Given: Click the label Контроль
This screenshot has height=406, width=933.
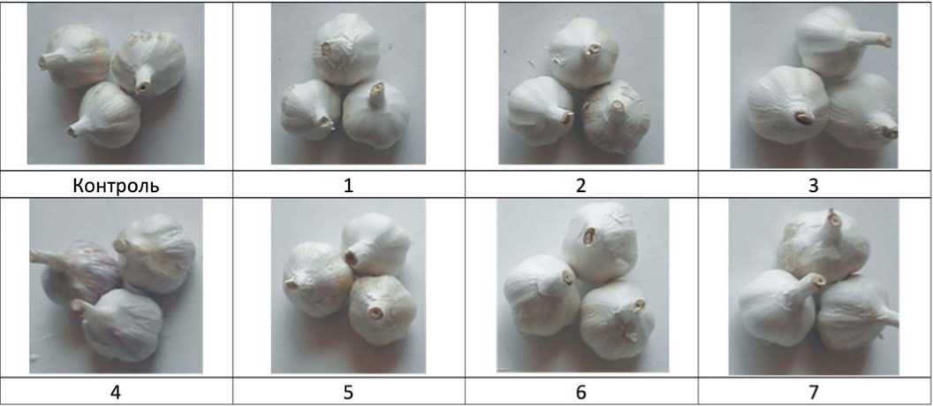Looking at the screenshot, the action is pos(116,186).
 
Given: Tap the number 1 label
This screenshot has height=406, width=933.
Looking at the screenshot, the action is pos(348,186).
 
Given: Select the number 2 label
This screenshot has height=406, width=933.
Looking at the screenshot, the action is pos(580,186).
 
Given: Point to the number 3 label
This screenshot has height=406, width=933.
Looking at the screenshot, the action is pos(814,186).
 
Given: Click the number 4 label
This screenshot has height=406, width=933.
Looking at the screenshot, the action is pos(116,393).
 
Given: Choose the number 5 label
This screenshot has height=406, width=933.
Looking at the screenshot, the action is pos(348,393).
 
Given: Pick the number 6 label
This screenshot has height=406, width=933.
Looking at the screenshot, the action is pos(580,393).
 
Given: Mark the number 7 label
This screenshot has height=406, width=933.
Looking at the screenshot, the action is pos(814,393).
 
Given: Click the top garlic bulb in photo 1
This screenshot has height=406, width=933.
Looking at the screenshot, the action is pos(347,49).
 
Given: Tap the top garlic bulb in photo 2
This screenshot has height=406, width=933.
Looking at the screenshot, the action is pos(583,52).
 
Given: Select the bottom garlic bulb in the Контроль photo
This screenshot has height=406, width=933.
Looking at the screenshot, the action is pos(104,116).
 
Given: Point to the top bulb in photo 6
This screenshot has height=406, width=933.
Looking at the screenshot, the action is pos(600,241).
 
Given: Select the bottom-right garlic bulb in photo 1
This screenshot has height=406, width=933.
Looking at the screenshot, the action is pos(376,113).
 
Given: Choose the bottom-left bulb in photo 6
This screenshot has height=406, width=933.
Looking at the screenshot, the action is pos(542,295).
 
